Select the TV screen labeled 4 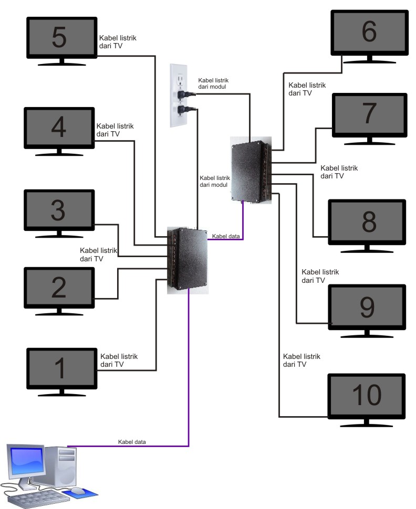(58, 128)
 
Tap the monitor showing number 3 (58, 210)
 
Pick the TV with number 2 (58, 288)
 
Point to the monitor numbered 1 (61, 368)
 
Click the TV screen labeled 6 (369, 33)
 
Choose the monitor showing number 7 (369, 114)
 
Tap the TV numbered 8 (367, 222)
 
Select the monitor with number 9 (367, 307)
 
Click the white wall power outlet (178, 96)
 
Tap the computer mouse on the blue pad (77, 491)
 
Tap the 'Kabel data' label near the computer (132, 442)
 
